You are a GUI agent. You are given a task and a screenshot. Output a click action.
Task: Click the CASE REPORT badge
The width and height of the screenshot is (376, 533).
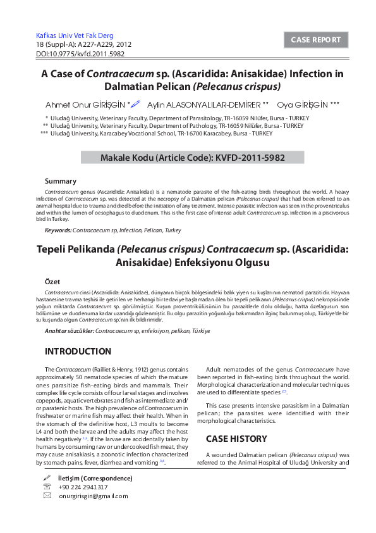315,40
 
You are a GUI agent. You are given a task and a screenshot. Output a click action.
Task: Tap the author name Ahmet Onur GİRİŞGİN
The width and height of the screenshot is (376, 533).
85,104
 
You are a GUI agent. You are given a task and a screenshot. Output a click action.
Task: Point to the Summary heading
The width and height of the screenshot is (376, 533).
61,181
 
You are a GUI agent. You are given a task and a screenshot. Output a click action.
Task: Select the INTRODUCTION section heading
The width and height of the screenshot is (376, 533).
78,351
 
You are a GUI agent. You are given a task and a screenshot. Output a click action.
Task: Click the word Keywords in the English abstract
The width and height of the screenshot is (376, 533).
58,230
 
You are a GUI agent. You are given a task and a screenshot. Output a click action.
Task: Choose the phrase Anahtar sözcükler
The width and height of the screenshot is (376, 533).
70,330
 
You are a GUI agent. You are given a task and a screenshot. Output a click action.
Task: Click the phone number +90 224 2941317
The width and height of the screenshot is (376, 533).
83,487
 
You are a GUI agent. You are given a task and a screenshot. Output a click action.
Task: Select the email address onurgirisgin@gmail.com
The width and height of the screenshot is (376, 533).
93,496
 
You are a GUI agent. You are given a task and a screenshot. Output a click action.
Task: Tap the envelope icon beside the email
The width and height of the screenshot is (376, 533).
47,496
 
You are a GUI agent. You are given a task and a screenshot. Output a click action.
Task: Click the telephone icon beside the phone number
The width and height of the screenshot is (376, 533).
47,487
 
